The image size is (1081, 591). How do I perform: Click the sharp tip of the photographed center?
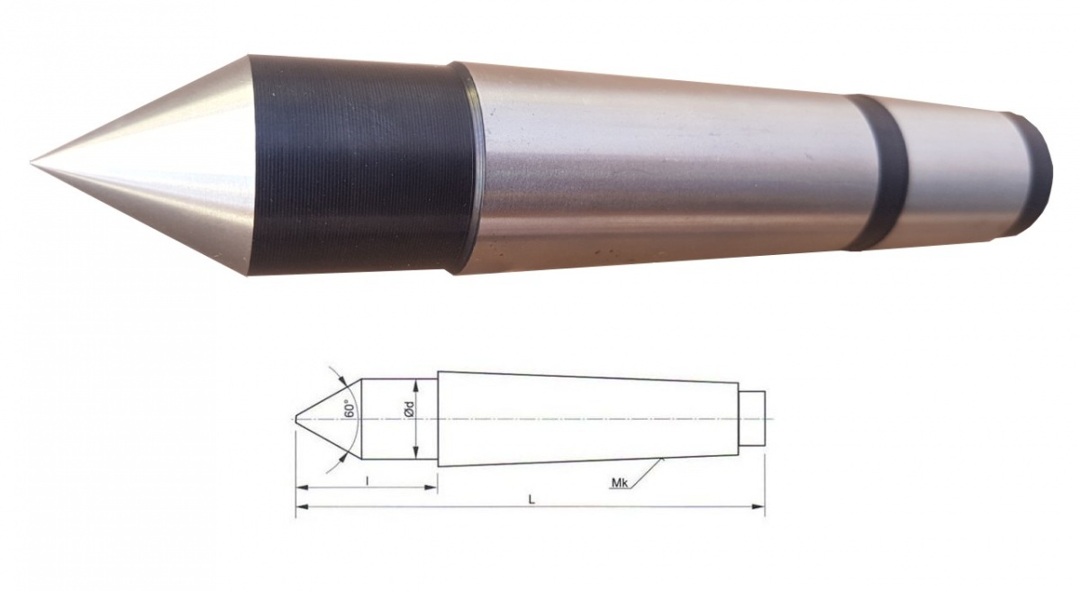33,163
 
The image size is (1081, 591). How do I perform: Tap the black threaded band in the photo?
360,167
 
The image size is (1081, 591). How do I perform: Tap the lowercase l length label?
368,480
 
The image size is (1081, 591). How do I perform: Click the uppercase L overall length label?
532,500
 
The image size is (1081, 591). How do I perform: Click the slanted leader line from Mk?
649,472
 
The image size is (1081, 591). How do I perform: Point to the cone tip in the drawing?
296,419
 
